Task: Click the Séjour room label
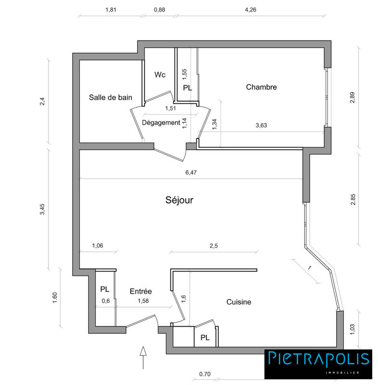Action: point(180,200)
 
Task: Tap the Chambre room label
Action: point(261,87)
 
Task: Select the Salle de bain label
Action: point(110,97)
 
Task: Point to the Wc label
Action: point(160,75)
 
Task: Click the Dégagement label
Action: point(161,123)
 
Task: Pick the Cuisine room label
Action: point(239,302)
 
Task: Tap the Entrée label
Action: point(141,291)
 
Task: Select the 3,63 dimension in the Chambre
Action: point(261,125)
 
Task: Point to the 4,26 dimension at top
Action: point(250,9)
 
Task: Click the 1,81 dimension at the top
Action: point(111,9)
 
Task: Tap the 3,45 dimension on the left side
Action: point(42,209)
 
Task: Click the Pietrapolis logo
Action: point(318,363)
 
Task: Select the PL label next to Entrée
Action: point(104,290)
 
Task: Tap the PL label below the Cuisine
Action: point(205,338)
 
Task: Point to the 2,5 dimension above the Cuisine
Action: point(214,246)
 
